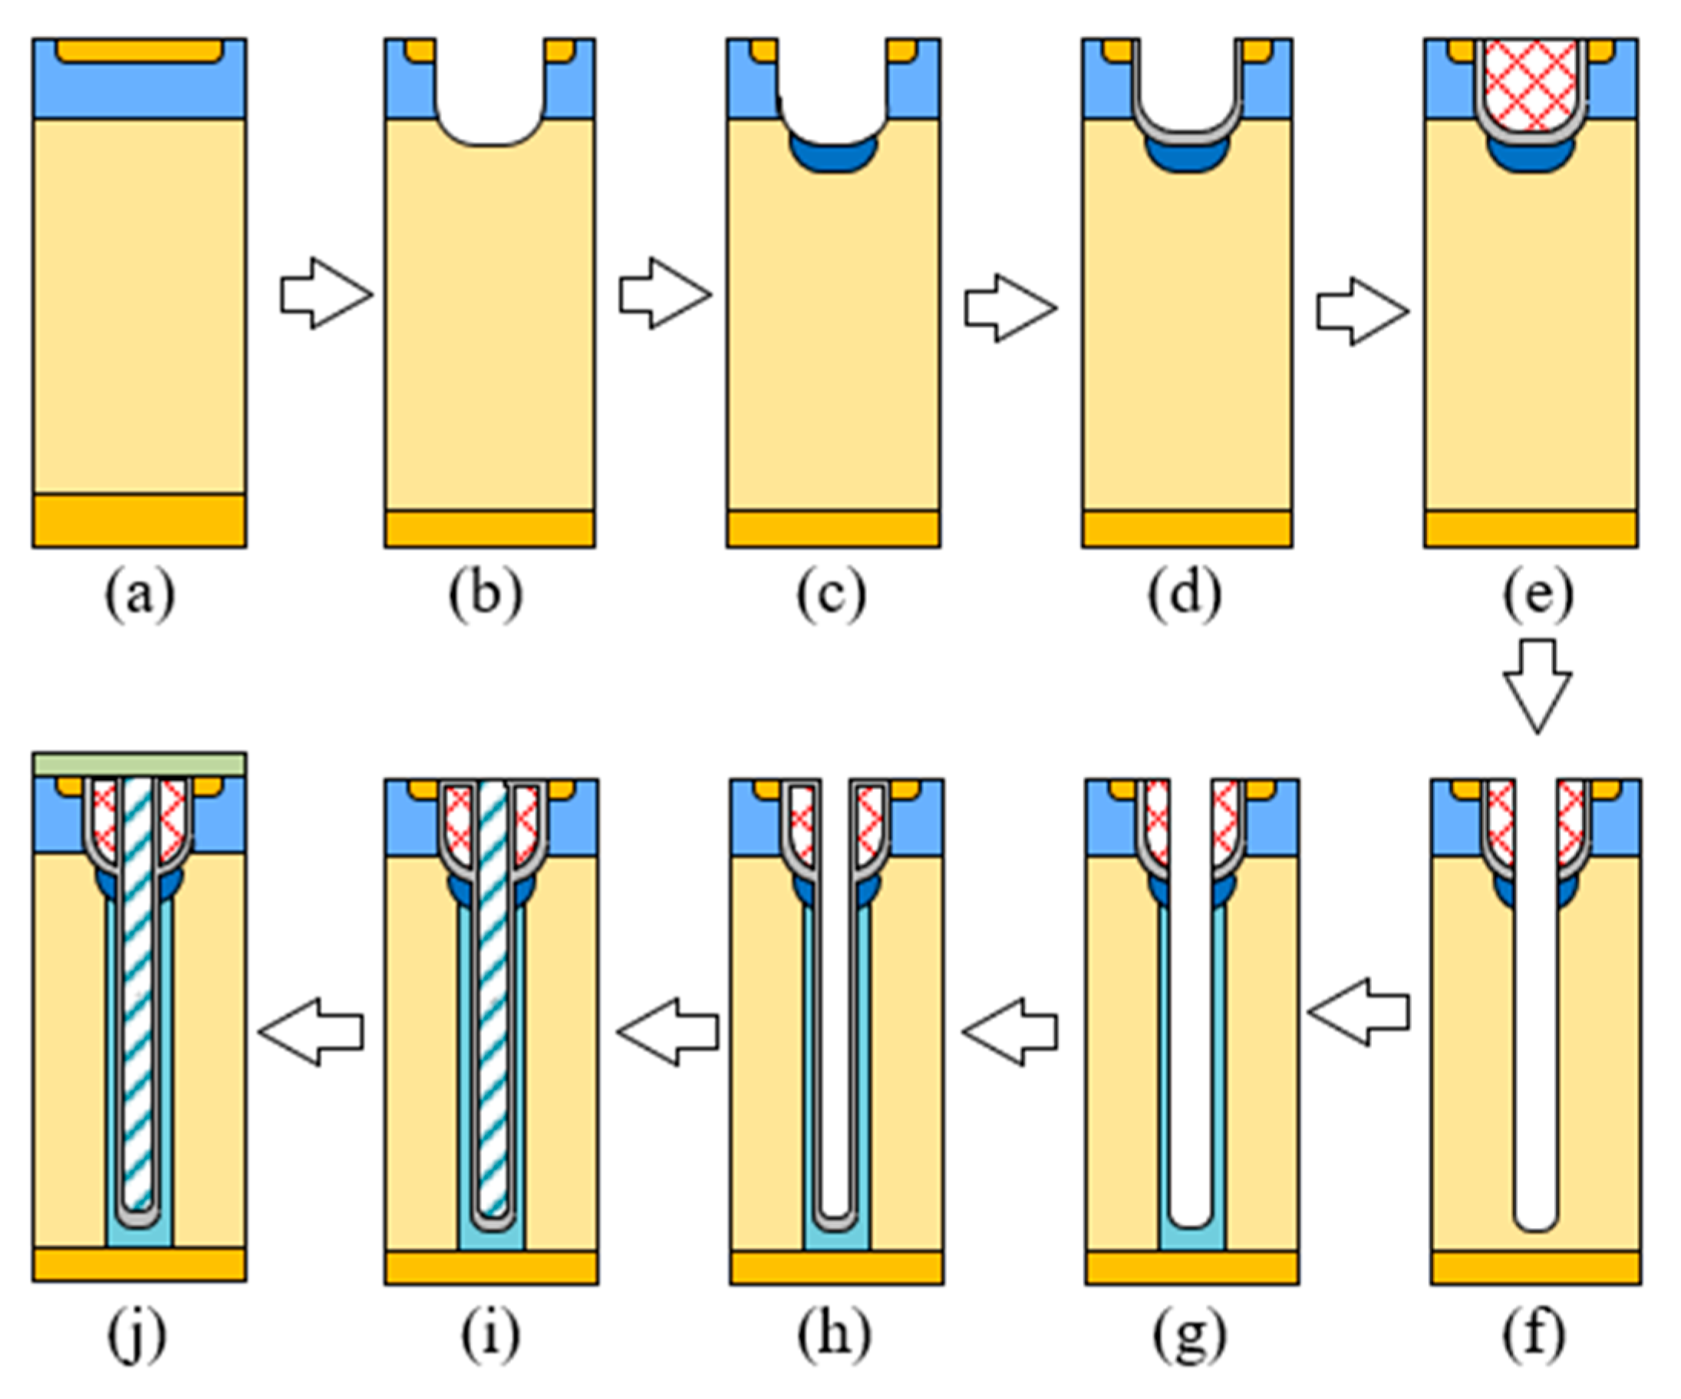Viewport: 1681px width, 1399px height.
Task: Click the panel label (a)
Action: (140, 596)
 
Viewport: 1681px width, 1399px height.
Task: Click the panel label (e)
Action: (1538, 596)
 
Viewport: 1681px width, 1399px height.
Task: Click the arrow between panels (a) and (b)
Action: (325, 294)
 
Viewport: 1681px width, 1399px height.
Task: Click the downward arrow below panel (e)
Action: (1537, 685)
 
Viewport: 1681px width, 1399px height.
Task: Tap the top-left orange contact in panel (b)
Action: (420, 51)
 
